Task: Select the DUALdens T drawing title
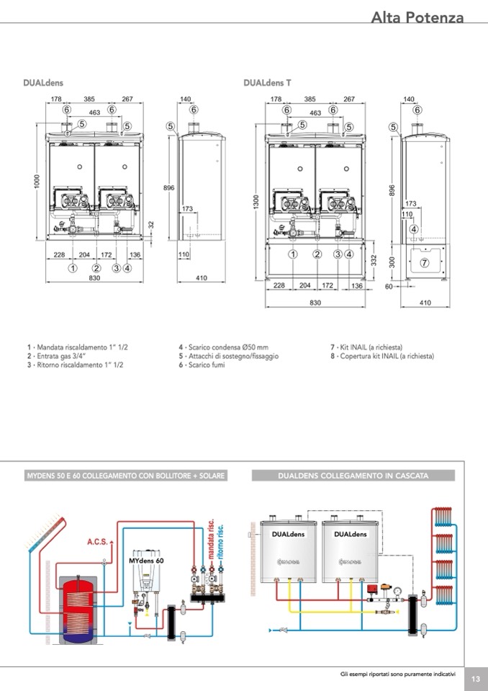[x=267, y=84]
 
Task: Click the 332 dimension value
[x=374, y=259]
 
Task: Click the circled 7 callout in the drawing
[x=424, y=262]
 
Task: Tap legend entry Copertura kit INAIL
[x=382, y=356]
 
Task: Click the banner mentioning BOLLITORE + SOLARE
[x=126, y=476]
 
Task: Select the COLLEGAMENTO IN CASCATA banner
[x=353, y=476]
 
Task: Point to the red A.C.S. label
[x=97, y=540]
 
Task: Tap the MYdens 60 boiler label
[x=146, y=559]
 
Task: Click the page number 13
[x=476, y=679]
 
